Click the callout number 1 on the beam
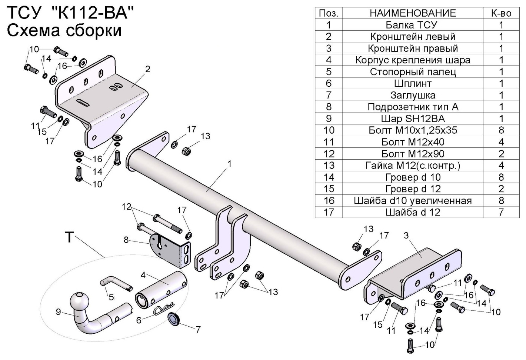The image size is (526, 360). click(x=230, y=163)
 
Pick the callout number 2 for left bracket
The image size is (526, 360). click(x=148, y=69)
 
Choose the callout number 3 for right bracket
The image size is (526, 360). click(x=406, y=236)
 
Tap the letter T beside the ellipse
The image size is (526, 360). click(x=69, y=237)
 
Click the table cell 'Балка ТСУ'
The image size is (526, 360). click(x=412, y=25)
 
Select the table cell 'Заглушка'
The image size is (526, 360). click(x=412, y=95)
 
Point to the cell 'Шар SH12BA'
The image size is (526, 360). click(x=412, y=119)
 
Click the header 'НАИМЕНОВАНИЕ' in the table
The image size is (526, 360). click(x=412, y=13)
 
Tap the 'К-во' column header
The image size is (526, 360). click(x=501, y=13)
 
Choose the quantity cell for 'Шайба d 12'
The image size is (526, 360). click(x=501, y=212)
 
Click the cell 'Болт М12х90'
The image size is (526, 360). click(x=412, y=154)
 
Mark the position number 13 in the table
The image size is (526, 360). click(x=329, y=166)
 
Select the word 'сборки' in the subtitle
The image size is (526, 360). click(x=94, y=31)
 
